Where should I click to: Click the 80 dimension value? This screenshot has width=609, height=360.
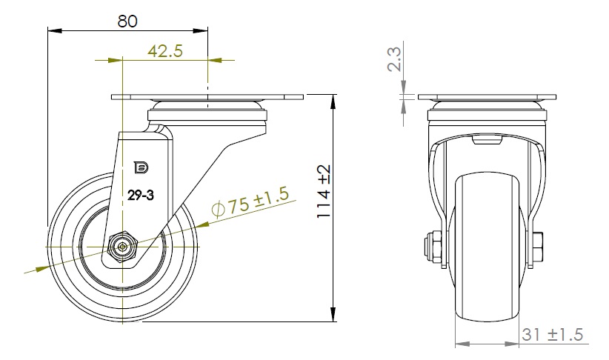tap(127, 21)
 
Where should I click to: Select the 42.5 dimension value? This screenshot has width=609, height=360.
tap(165, 51)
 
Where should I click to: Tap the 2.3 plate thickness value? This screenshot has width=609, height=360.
tap(395, 59)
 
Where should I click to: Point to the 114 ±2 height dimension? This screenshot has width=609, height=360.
tap(323, 191)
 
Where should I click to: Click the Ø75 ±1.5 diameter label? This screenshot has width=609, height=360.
tap(250, 201)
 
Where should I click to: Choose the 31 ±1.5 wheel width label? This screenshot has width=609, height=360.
tap(552, 334)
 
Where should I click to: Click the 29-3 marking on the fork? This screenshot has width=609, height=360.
tap(141, 196)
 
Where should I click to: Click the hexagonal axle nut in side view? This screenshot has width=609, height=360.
tap(123, 246)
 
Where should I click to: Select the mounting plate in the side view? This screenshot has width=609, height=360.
tap(207, 97)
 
